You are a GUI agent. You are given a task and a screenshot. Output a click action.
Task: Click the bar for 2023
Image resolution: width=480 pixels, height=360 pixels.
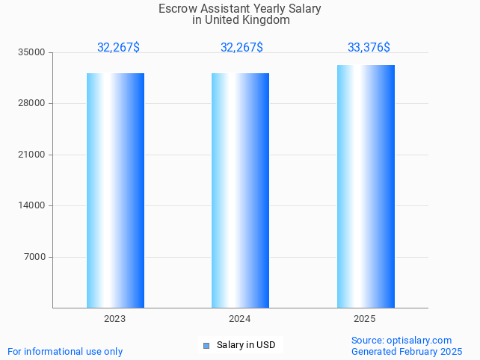click(115, 190)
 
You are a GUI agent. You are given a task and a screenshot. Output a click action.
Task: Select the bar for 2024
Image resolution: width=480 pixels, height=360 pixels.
click(240, 190)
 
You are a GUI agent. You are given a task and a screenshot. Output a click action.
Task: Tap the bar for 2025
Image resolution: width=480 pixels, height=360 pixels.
click(366, 187)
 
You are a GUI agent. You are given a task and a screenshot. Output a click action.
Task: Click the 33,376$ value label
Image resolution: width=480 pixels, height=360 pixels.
click(369, 47)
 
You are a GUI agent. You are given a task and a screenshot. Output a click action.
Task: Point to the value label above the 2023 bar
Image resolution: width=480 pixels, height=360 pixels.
click(118, 47)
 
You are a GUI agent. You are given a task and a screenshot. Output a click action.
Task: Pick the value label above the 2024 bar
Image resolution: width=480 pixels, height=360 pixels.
click(241, 47)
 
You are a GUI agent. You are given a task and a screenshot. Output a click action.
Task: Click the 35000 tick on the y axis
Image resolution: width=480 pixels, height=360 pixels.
click(33, 52)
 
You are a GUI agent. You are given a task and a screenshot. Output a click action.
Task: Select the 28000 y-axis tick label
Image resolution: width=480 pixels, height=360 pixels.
click(33, 103)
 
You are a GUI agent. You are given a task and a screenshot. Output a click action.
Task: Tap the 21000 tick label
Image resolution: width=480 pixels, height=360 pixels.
click(33, 155)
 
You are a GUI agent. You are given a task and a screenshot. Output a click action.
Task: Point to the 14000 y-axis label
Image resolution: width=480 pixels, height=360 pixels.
click(33, 205)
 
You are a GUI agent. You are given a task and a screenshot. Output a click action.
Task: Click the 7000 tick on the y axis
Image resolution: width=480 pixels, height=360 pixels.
click(35, 257)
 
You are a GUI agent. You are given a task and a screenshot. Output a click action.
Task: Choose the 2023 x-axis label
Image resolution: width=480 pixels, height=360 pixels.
click(114, 319)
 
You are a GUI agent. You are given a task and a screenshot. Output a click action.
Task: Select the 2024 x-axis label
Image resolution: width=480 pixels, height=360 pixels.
click(240, 319)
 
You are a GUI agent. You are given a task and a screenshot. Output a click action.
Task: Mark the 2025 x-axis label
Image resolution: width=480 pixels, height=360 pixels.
click(365, 319)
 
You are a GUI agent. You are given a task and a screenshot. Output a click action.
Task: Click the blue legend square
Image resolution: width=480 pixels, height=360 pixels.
click(206, 345)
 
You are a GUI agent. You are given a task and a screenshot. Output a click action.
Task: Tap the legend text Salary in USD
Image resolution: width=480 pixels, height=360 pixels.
click(246, 345)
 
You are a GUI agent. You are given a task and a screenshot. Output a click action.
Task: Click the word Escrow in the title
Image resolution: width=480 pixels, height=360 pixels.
click(175, 8)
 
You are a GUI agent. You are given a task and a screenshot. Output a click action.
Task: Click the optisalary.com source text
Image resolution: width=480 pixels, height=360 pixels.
click(419, 340)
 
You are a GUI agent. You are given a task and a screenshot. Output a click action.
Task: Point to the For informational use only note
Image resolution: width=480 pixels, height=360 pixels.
click(65, 351)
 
